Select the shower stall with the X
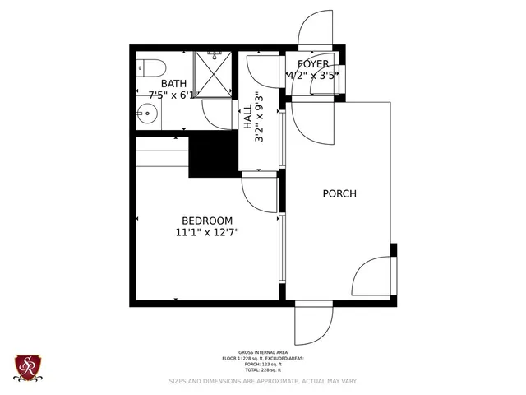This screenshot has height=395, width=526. coord(213,72)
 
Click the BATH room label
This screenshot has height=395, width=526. coord(173,83)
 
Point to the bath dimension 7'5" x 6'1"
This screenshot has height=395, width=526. coord(172,95)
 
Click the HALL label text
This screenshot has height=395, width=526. coord(247,115)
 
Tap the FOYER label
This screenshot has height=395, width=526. coord(312,64)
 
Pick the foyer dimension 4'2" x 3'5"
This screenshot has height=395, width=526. coord(312,76)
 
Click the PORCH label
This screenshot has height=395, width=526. coord(339,194)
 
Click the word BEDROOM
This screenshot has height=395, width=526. coord(206,221)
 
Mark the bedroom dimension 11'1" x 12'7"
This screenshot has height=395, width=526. coord(206,233)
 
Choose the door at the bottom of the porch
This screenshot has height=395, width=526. coord(313,323)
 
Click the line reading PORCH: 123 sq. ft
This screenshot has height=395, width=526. coord(262,365)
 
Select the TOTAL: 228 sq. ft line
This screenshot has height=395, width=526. coord(262,370)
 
